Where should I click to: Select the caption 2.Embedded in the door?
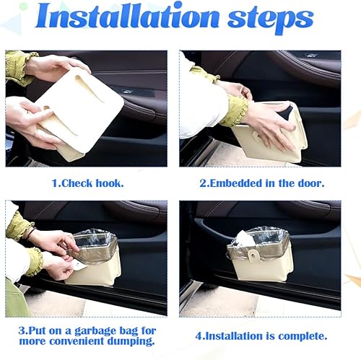pos(260,183)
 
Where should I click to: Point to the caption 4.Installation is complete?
pos(260,335)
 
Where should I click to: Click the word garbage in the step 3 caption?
pos(102,330)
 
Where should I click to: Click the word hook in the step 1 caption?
pos(109,183)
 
